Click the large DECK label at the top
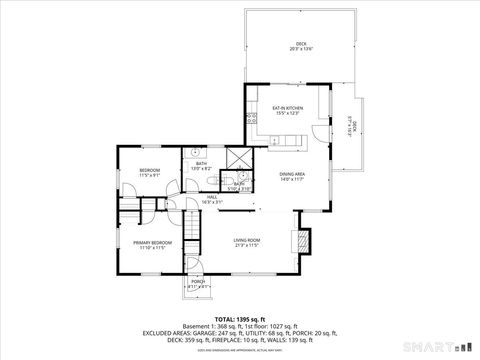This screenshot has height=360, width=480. (299, 44)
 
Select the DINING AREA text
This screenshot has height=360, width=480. (293, 174)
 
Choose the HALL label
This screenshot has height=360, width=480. (212, 198)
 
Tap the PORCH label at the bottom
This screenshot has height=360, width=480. (198, 282)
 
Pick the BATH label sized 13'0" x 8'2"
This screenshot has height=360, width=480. (201, 163)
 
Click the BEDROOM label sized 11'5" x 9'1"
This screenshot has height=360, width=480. (150, 170)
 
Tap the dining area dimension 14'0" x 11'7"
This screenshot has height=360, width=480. (293, 180)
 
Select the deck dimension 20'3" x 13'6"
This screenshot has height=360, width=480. (299, 50)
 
